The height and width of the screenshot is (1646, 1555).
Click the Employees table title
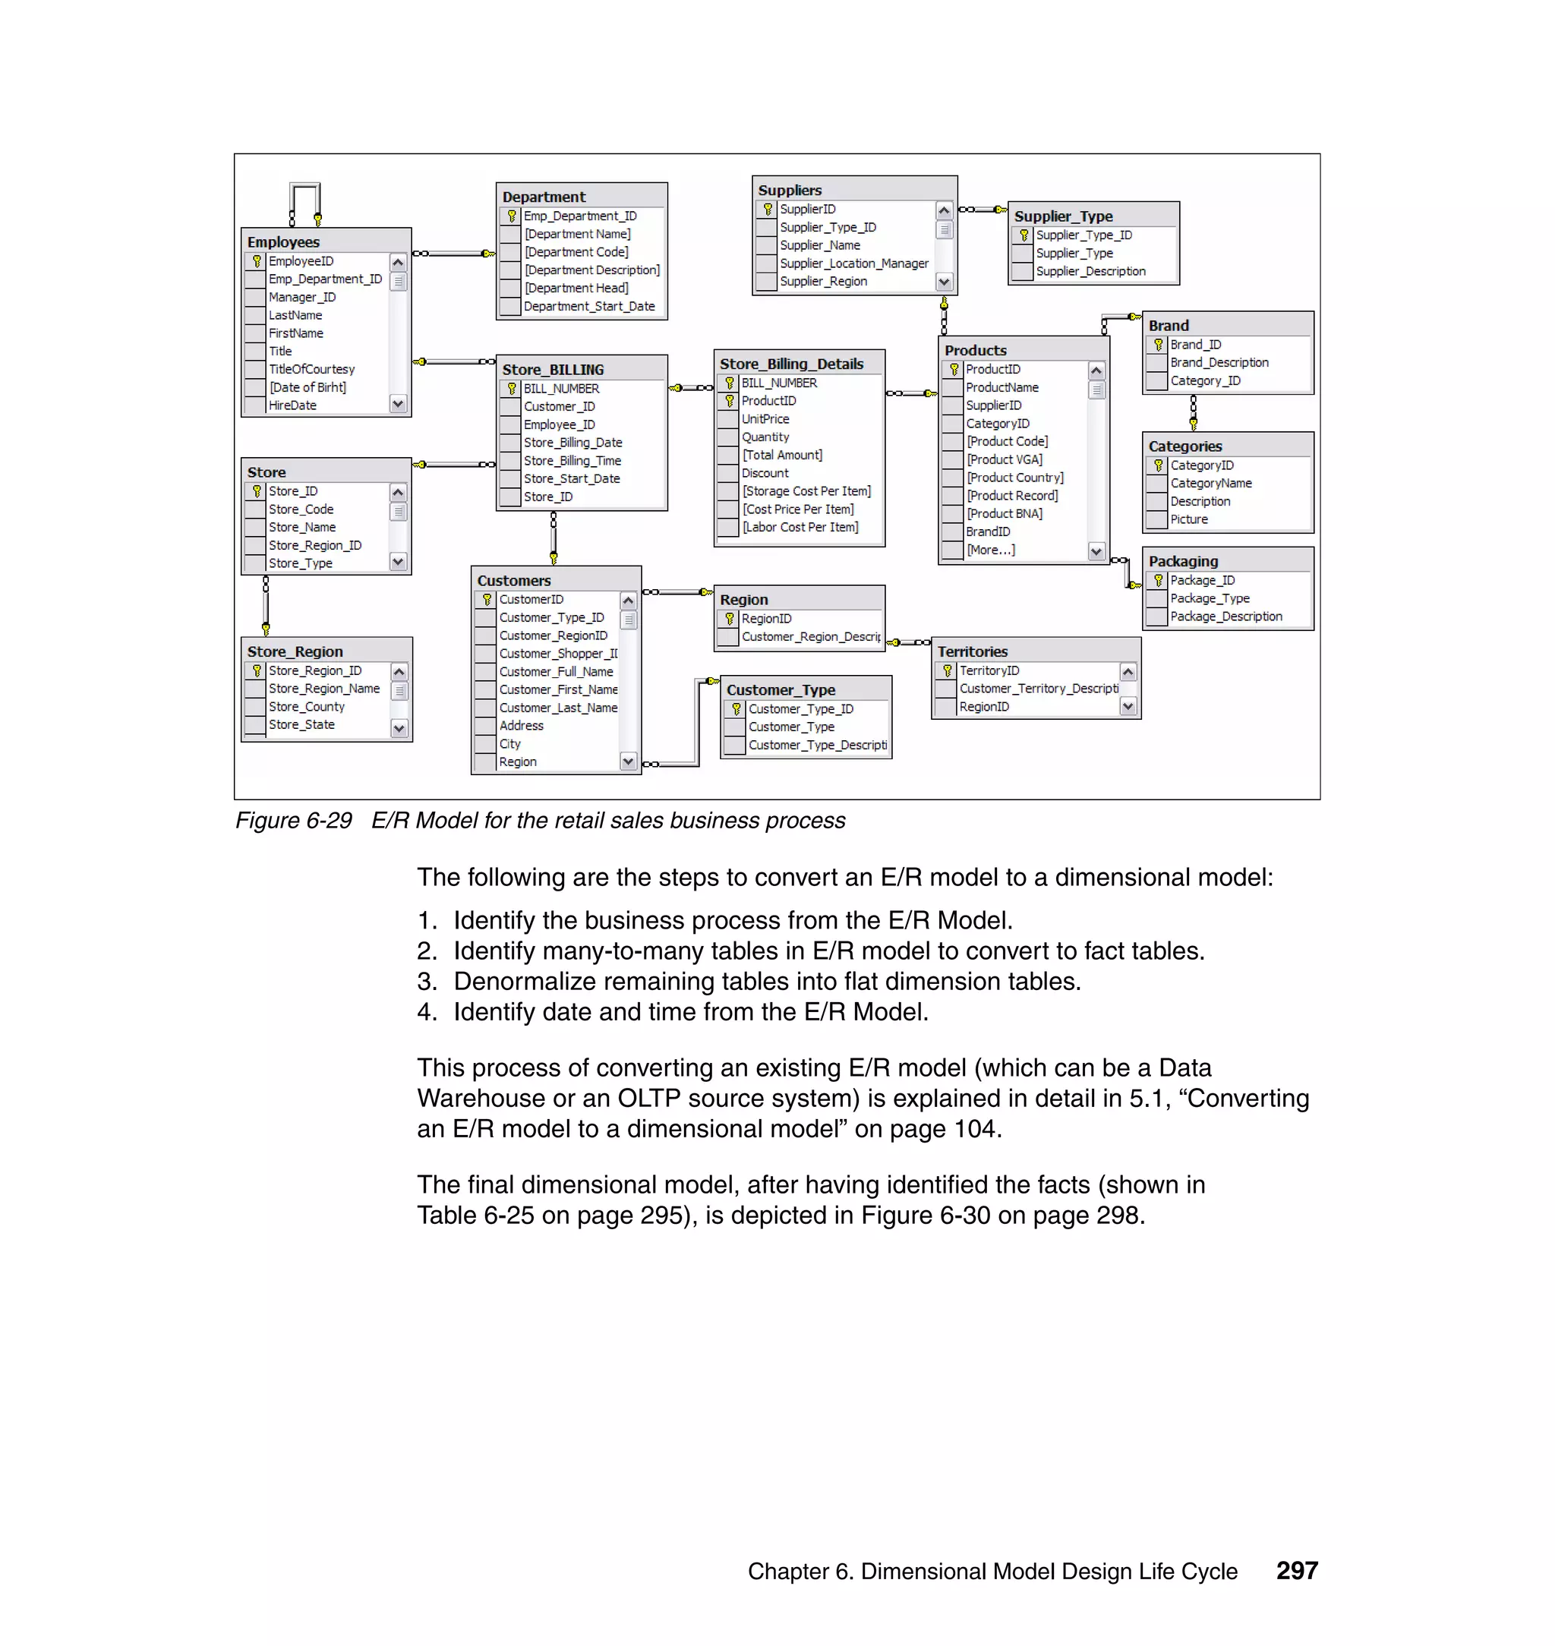pyautogui.click(x=283, y=242)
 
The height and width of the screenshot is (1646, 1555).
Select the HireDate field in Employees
pyautogui.click(x=292, y=405)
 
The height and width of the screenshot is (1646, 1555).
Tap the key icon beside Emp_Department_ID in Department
pyautogui.click(x=512, y=216)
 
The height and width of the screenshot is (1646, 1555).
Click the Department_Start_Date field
pyautogui.click(x=588, y=307)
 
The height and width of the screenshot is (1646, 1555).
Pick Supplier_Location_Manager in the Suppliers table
pyautogui.click(x=853, y=263)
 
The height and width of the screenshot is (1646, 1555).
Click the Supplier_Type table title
pyautogui.click(x=1063, y=216)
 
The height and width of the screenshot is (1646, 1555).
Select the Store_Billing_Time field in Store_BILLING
pyautogui.click(x=572, y=461)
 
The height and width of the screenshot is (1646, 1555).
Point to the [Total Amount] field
pyautogui.click(x=781, y=455)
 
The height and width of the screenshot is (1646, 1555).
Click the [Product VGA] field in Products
pyautogui.click(x=1004, y=459)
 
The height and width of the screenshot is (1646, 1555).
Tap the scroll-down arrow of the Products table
pyautogui.click(x=1096, y=551)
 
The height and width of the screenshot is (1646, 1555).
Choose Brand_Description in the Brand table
pyautogui.click(x=1219, y=363)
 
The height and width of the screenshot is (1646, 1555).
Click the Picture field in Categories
pyautogui.click(x=1188, y=519)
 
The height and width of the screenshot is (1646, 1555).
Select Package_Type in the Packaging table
pyautogui.click(x=1210, y=598)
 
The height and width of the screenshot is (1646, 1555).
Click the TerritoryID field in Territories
pyautogui.click(x=989, y=670)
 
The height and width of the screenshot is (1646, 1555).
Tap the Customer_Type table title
pyautogui.click(x=780, y=689)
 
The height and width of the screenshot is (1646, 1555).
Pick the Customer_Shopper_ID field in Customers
pyautogui.click(x=557, y=654)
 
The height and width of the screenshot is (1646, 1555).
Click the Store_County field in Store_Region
pyautogui.click(x=306, y=707)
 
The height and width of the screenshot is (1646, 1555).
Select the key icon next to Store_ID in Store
pyautogui.click(x=256, y=491)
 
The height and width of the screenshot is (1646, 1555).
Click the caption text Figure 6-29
pyautogui.click(x=293, y=821)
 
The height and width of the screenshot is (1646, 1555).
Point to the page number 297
pyautogui.click(x=1296, y=1571)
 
